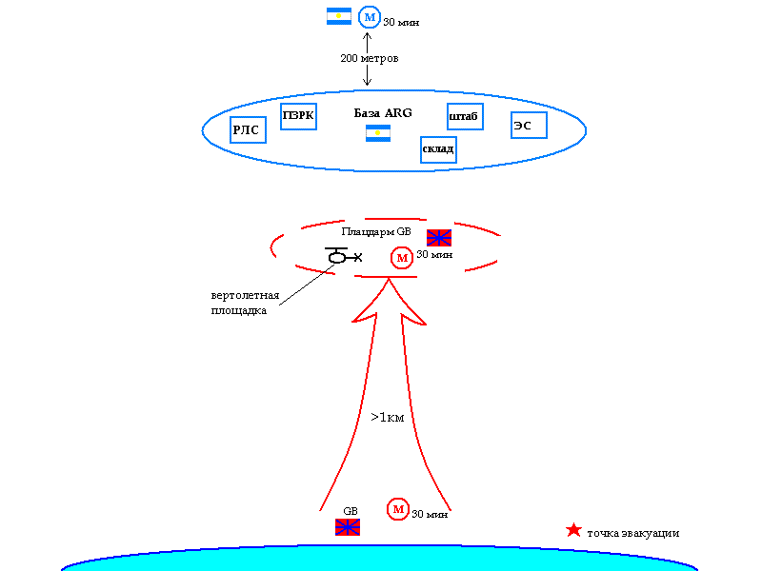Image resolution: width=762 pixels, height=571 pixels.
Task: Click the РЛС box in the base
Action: pyautogui.click(x=248, y=129)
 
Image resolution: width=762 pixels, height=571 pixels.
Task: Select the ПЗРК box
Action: pyautogui.click(x=298, y=117)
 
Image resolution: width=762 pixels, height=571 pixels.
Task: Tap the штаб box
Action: pyautogui.click(x=465, y=117)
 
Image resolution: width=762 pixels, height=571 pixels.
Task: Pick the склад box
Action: pyautogui.click(x=438, y=149)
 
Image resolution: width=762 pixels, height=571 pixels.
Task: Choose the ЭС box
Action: pyautogui.click(x=528, y=125)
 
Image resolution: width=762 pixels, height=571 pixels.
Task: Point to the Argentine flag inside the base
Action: pyautogui.click(x=378, y=133)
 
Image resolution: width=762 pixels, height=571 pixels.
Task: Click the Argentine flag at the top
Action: pyautogui.click(x=339, y=16)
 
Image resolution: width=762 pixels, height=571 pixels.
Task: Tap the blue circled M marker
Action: pyautogui.click(x=369, y=17)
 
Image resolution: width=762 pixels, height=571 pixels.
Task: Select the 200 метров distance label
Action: pyautogui.click(x=369, y=59)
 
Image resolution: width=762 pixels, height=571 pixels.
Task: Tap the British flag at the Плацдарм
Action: pyautogui.click(x=439, y=238)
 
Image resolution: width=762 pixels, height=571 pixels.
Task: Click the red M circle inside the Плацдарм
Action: pyautogui.click(x=402, y=257)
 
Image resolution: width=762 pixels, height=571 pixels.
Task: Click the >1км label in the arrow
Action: pyautogui.click(x=388, y=417)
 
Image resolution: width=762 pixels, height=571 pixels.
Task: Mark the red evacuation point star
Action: pyautogui.click(x=573, y=530)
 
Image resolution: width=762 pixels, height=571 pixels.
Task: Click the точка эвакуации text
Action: pyautogui.click(x=633, y=533)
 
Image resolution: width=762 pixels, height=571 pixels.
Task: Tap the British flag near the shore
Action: pyautogui.click(x=348, y=526)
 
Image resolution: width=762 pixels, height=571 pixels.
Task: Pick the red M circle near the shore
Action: pyautogui.click(x=397, y=509)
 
